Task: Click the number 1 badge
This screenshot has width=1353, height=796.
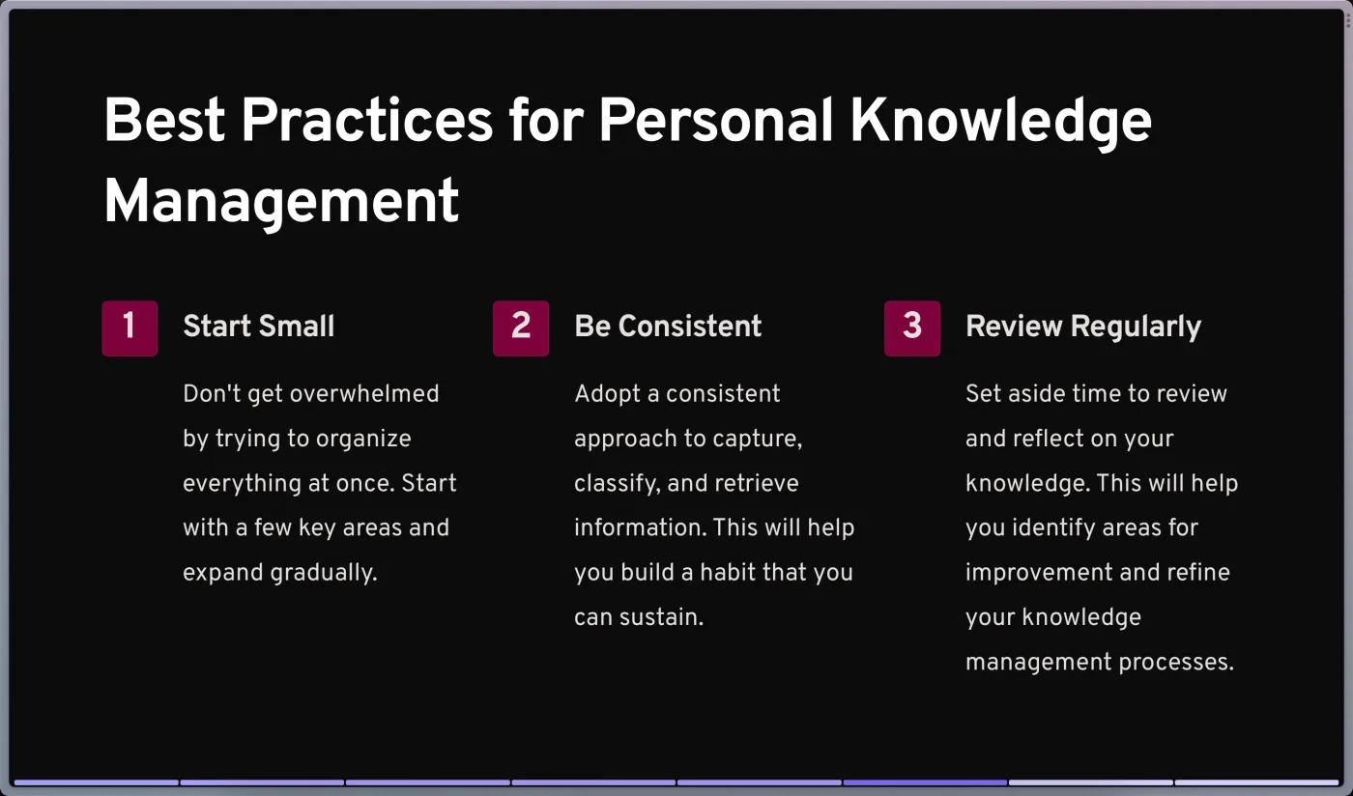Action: [x=130, y=327]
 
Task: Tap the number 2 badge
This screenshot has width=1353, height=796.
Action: [x=521, y=327]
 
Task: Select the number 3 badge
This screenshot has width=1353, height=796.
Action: [x=912, y=327]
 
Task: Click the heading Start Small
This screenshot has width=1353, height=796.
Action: [x=259, y=327]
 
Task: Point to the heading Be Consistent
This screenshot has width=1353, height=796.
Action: [x=668, y=327]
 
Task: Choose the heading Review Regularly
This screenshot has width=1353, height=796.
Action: [x=1083, y=327]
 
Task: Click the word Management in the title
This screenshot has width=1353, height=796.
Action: [x=281, y=202]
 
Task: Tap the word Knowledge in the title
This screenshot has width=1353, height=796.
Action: [x=1001, y=122]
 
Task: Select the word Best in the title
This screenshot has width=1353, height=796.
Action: [x=164, y=120]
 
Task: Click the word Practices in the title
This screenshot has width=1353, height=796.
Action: [x=367, y=120]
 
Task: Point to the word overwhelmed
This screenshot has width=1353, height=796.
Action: [x=364, y=394]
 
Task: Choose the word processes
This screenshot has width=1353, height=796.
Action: [x=1176, y=663]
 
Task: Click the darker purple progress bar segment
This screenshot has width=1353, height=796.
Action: [x=925, y=782]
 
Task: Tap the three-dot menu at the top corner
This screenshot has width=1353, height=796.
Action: [x=1348, y=22]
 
